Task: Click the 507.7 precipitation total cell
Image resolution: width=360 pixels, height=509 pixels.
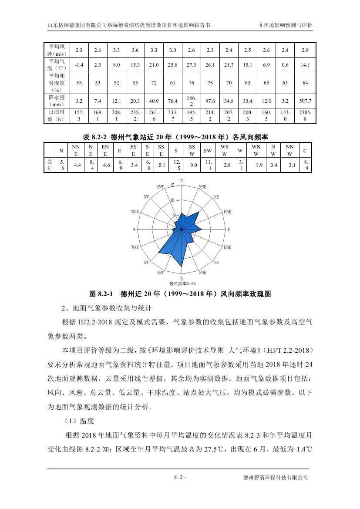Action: pos(306,101)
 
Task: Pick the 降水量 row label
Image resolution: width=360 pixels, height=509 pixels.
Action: pos(57,101)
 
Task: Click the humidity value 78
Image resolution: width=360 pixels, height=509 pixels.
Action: pos(210,83)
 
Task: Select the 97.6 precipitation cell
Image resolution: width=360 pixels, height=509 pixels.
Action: pos(210,101)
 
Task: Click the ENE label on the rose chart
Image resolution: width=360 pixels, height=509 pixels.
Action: pos(227,212)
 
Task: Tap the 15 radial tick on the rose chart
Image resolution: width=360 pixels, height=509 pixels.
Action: pos(172,185)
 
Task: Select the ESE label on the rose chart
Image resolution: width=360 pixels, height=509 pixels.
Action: pos(227,247)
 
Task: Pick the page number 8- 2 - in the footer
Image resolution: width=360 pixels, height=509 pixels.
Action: pos(180,477)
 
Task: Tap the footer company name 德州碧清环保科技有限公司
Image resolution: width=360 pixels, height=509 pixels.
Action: pos(276,477)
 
